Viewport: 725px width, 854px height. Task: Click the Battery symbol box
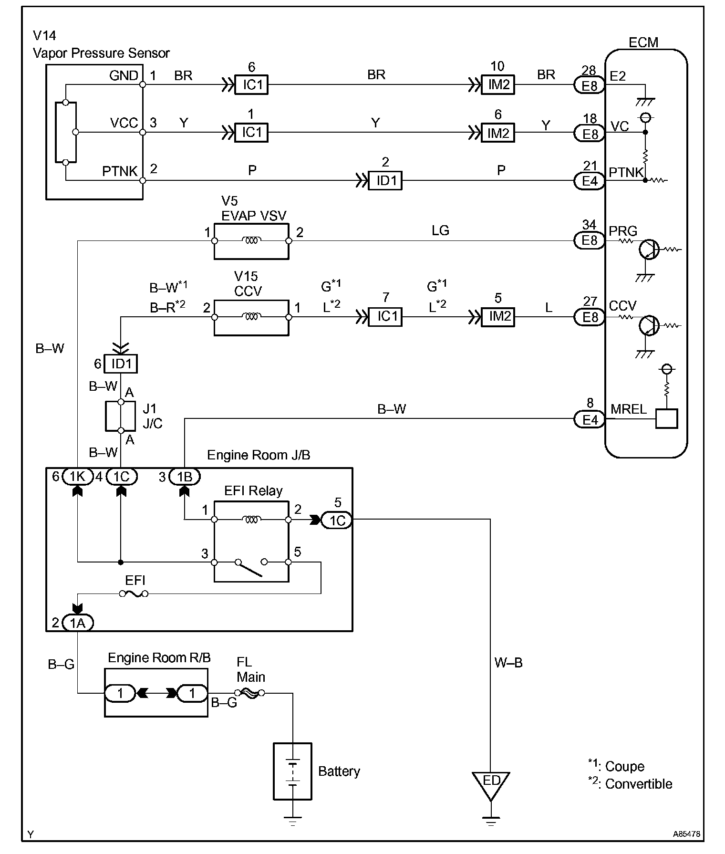[x=292, y=771]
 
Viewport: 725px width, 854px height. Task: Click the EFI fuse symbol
[x=134, y=594]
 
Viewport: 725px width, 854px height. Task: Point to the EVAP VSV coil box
[x=251, y=241]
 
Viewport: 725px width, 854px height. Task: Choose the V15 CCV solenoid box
[x=251, y=317]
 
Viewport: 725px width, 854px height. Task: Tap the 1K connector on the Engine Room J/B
[x=77, y=476]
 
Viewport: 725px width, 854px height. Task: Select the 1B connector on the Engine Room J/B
[x=185, y=476]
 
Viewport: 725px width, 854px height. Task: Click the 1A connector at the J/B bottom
[x=77, y=623]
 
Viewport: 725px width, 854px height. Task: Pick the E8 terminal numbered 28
[x=590, y=86]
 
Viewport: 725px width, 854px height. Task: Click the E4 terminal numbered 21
[x=590, y=181]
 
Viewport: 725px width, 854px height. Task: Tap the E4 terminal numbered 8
[x=590, y=420]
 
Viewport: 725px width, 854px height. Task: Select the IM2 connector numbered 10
[x=498, y=85]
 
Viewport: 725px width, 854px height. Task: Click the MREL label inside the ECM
[x=629, y=409]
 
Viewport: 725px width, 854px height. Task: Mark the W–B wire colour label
[x=508, y=663]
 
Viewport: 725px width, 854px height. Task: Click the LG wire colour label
[x=440, y=231]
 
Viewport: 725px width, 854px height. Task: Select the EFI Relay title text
[x=253, y=491]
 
